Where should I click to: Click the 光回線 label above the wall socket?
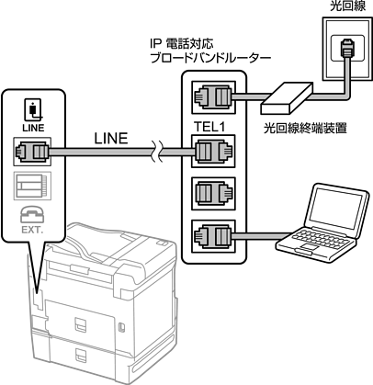click(x=347, y=6)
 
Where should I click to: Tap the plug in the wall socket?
click(x=346, y=48)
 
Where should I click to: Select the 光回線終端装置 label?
click(x=305, y=129)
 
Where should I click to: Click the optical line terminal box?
click(x=286, y=98)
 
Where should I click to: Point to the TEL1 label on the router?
click(x=209, y=127)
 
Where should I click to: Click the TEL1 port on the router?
click(x=213, y=152)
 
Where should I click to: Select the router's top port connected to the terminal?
click(x=213, y=97)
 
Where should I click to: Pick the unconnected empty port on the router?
click(x=213, y=194)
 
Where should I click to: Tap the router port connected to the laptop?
click(x=213, y=236)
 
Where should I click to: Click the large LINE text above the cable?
click(x=111, y=139)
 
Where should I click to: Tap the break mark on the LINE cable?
click(x=156, y=152)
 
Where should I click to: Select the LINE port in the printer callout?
click(x=32, y=152)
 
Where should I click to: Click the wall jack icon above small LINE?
click(x=33, y=110)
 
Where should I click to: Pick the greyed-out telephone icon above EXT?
click(x=32, y=214)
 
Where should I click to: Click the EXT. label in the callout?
click(x=32, y=230)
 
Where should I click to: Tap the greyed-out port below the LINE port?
click(x=32, y=186)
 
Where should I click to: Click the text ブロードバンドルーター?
click(x=210, y=58)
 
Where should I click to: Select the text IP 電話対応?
click(x=181, y=44)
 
